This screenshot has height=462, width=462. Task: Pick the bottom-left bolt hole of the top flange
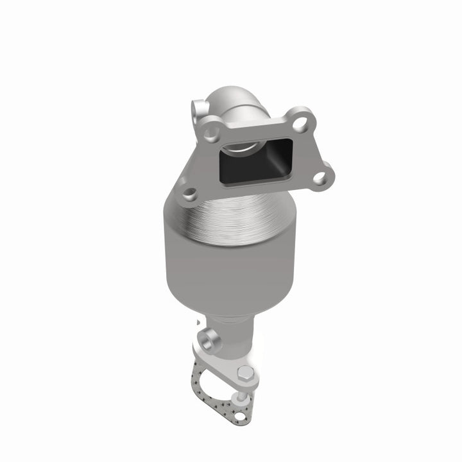pyautogui.click(x=188, y=192)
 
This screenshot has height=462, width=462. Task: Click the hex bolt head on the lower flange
pyautogui.click(x=245, y=373)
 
